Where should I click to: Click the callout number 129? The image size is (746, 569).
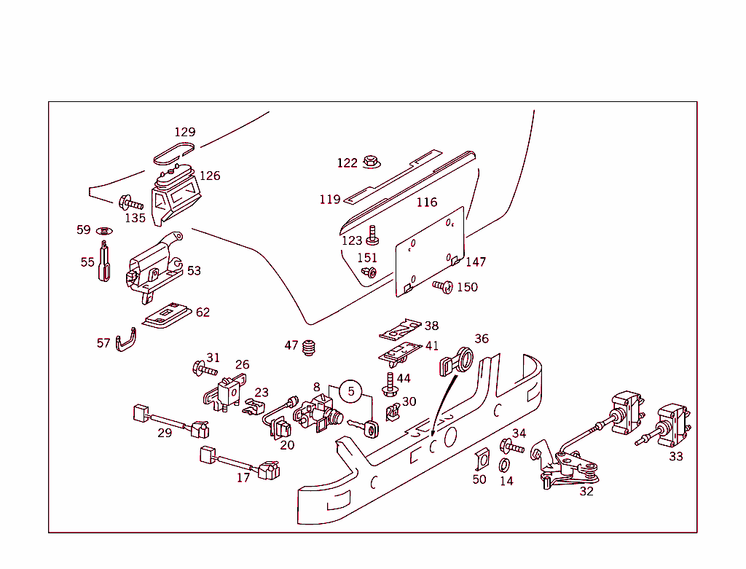[x=185, y=132]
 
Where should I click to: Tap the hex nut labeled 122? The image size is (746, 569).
[x=370, y=160]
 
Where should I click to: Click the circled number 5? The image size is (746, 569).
[x=350, y=391]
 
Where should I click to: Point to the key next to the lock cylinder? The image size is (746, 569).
[x=364, y=427]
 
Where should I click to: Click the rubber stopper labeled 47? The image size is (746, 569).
[x=312, y=348]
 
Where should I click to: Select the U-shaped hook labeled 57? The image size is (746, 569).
[x=126, y=342]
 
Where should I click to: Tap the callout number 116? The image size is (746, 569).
[x=427, y=202]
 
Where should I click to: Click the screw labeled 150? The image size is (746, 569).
[x=443, y=287]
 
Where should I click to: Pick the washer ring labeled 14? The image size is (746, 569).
[x=504, y=465]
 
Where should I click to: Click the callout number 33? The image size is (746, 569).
[x=676, y=456]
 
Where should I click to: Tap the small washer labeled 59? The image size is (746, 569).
[x=103, y=231]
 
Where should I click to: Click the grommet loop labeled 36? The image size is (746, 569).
[x=455, y=361]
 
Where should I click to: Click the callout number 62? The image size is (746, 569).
[x=203, y=313]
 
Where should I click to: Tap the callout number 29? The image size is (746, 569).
[x=165, y=433]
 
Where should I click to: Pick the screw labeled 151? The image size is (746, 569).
[x=369, y=272]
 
